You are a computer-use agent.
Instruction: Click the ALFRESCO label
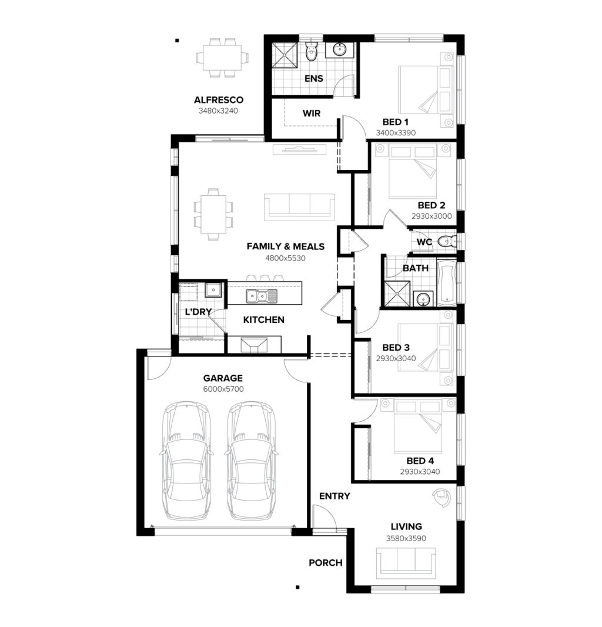[x=219, y=100]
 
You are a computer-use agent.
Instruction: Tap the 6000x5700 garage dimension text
[x=223, y=389]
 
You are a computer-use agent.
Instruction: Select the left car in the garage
[x=187, y=461]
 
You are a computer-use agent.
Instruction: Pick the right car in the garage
[x=252, y=461]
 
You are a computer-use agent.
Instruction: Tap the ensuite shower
[x=285, y=55]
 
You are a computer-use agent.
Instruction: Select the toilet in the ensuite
[x=310, y=51]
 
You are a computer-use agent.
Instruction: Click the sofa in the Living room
[x=406, y=563]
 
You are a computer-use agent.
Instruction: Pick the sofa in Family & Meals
[x=299, y=206]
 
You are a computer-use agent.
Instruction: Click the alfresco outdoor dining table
[x=222, y=58]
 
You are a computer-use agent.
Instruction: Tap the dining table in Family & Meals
[x=213, y=214]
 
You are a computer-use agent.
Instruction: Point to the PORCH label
[x=325, y=563]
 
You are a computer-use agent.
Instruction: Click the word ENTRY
[x=335, y=496]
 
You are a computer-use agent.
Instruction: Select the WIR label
[x=312, y=114]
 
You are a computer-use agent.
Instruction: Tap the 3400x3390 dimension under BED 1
[x=396, y=133]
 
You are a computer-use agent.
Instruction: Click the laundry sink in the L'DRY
[x=213, y=289]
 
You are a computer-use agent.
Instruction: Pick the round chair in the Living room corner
[x=442, y=498]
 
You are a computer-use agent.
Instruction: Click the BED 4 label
[x=420, y=461]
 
